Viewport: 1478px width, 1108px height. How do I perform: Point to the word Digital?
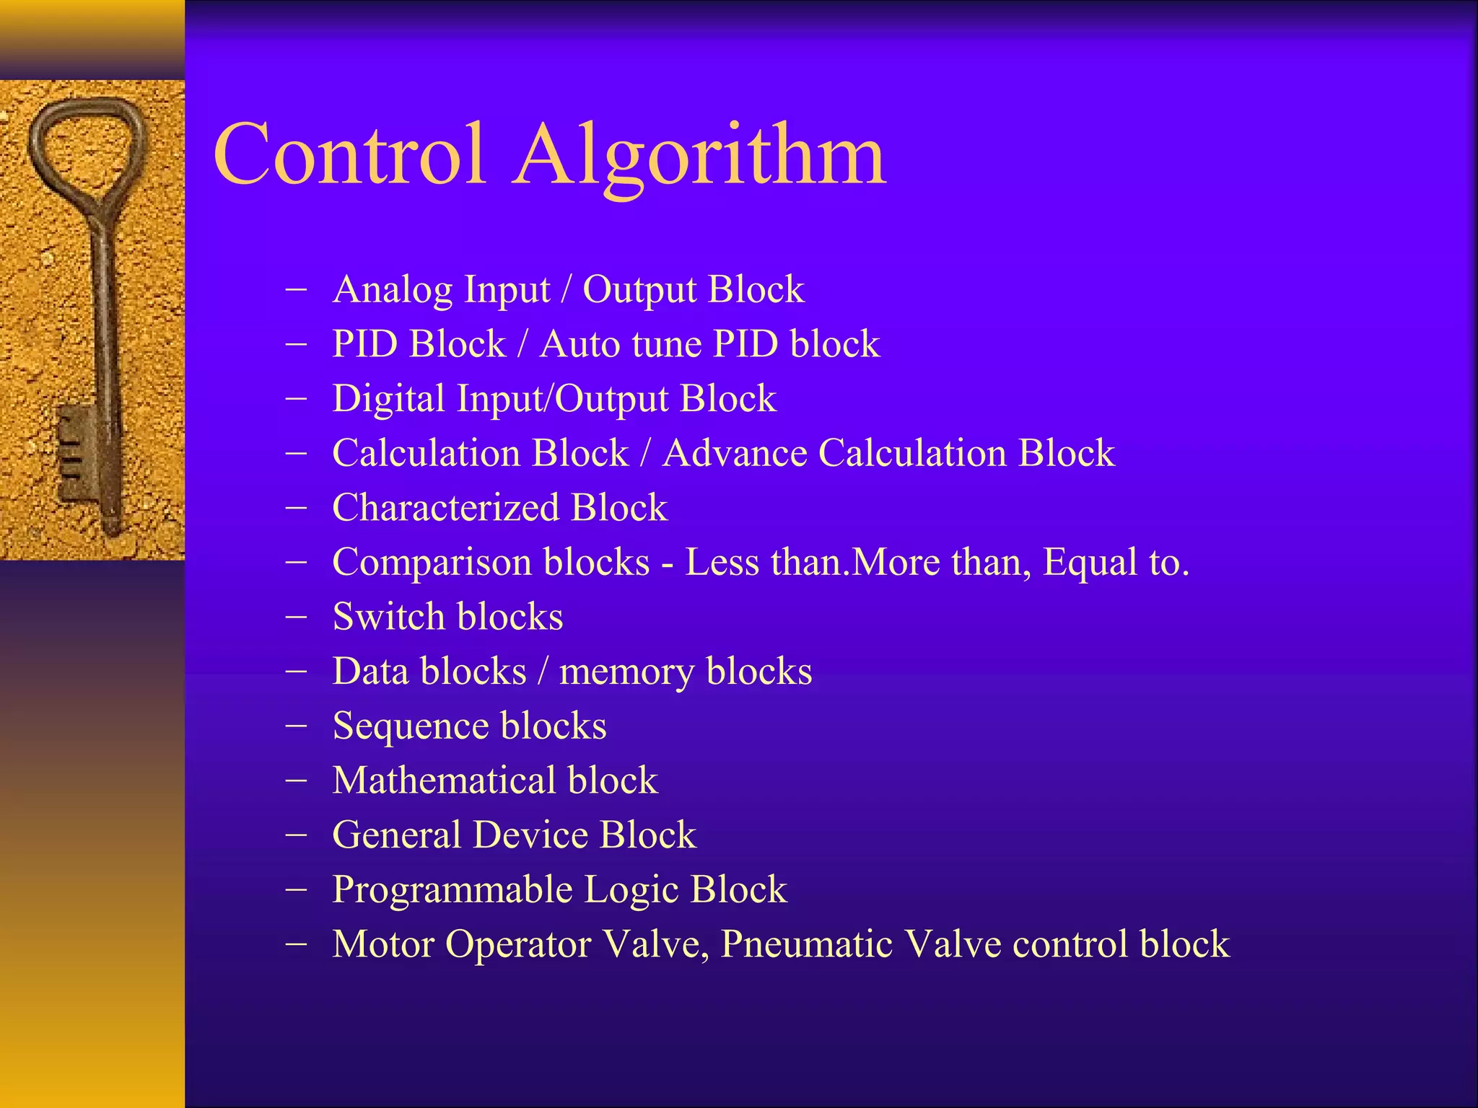point(388,399)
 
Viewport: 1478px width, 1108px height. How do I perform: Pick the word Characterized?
point(445,508)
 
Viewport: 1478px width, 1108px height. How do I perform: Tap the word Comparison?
point(429,563)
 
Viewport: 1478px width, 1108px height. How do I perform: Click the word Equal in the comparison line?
point(1088,563)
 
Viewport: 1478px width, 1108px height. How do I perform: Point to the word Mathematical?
point(445,781)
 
